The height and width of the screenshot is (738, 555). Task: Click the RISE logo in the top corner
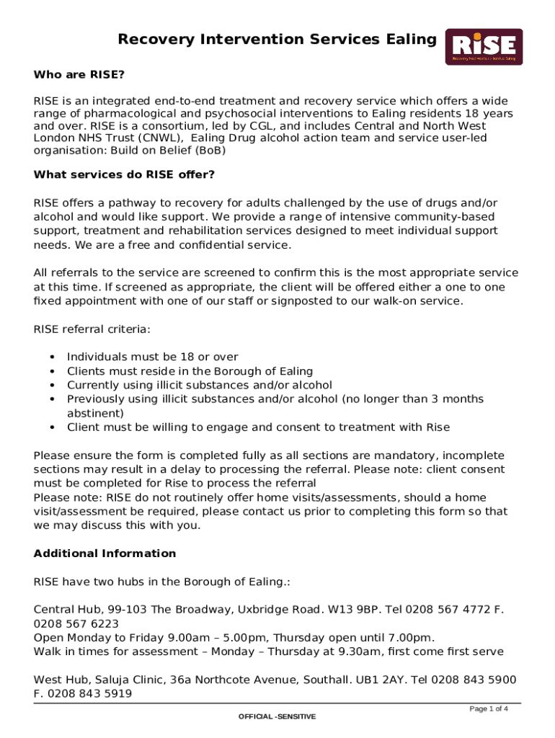[x=484, y=48]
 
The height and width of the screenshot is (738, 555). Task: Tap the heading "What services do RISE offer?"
[x=124, y=174]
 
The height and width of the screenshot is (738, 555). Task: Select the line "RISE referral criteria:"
[x=92, y=329]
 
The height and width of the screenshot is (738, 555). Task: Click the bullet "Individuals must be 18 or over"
[x=152, y=357]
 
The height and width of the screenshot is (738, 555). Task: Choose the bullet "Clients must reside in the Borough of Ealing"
[x=190, y=371]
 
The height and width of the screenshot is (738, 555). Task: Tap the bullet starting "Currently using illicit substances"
[x=200, y=385]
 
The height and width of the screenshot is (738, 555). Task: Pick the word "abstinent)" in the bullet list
[x=95, y=413]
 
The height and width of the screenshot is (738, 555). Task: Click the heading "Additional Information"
[x=105, y=553]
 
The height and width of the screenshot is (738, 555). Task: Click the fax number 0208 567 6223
[x=76, y=623]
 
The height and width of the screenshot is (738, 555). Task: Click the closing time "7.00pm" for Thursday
[x=413, y=638]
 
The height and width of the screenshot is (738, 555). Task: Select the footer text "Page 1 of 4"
[x=489, y=709]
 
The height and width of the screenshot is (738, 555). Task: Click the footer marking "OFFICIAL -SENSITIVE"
[x=277, y=717]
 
